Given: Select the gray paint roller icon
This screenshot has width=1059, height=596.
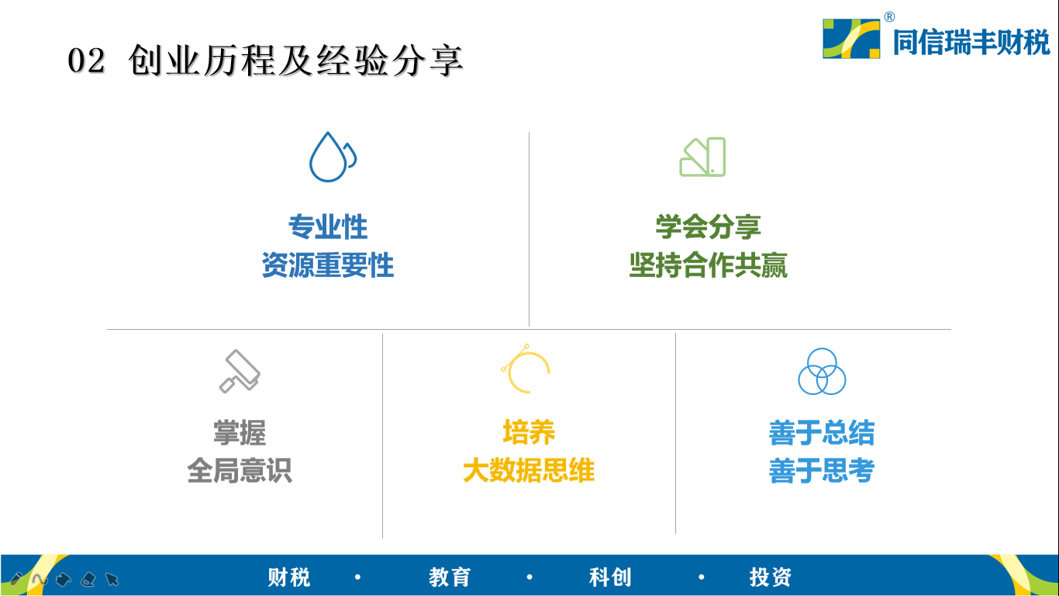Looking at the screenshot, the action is click(240, 372).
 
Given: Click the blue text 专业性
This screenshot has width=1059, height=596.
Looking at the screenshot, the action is click(328, 227).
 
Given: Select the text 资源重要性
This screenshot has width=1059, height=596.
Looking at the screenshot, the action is click(328, 265).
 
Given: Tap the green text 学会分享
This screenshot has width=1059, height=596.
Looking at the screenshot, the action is click(708, 227).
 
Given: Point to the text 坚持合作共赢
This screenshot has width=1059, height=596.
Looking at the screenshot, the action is click(708, 265).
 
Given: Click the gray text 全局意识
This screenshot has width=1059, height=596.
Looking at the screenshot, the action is click(240, 470).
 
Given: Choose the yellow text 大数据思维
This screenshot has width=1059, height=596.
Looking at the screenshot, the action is click(529, 470).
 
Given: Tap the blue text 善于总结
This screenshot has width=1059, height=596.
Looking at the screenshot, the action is click(822, 433).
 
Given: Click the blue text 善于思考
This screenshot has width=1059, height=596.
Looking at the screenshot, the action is click(822, 470).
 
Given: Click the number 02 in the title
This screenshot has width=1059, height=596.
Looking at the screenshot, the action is click(86, 61).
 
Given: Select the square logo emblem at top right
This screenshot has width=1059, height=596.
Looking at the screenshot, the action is click(851, 38).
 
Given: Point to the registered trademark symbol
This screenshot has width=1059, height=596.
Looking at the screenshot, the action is click(889, 17).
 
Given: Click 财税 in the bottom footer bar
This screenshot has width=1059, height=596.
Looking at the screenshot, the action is click(289, 577).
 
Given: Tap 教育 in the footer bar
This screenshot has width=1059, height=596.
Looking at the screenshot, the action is click(450, 577).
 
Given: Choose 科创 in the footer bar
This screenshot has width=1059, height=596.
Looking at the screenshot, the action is click(610, 577).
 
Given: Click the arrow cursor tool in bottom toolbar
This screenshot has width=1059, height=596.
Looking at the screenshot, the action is click(112, 579).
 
